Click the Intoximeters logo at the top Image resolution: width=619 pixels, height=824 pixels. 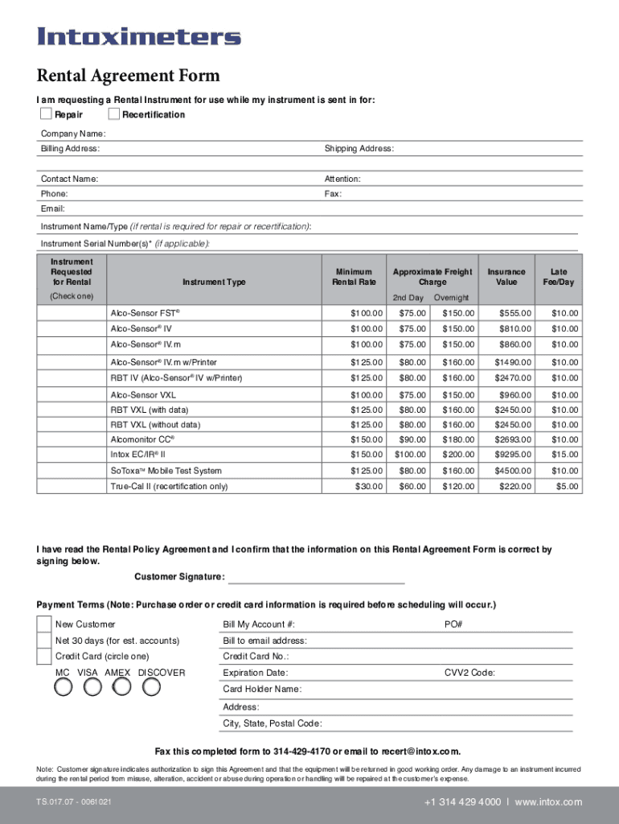(x=139, y=37)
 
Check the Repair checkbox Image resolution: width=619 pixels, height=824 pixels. (x=47, y=114)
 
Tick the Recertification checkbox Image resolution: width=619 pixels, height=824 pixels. (x=113, y=114)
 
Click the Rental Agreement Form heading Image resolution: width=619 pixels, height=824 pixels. (x=128, y=76)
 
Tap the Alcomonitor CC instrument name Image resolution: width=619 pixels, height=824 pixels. (x=142, y=439)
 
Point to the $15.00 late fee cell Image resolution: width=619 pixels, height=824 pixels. (x=564, y=455)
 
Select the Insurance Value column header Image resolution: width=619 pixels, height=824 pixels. (x=506, y=277)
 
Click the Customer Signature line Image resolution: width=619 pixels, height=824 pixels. (x=317, y=577)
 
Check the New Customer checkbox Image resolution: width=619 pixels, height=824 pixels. (x=44, y=624)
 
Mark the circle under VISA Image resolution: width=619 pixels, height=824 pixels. (x=92, y=686)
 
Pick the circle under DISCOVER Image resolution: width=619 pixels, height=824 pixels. (x=151, y=686)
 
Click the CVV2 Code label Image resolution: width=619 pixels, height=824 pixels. (x=469, y=673)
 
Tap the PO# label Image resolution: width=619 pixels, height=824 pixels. (x=453, y=624)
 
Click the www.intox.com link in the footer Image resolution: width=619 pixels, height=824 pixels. (x=548, y=802)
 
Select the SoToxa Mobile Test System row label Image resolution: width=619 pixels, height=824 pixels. (x=166, y=471)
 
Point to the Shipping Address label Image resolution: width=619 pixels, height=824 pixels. (x=359, y=149)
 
